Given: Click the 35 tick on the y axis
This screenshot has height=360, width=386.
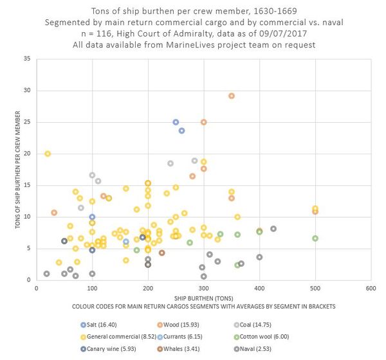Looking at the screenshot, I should pos(26,59).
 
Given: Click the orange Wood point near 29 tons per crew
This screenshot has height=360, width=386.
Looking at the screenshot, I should pos(232,96).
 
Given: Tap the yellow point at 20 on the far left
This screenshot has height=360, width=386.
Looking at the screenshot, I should pos(48,154).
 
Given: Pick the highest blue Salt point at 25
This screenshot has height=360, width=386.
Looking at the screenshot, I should pos(176,122).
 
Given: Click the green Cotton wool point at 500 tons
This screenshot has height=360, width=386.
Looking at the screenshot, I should pos(315,239).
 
